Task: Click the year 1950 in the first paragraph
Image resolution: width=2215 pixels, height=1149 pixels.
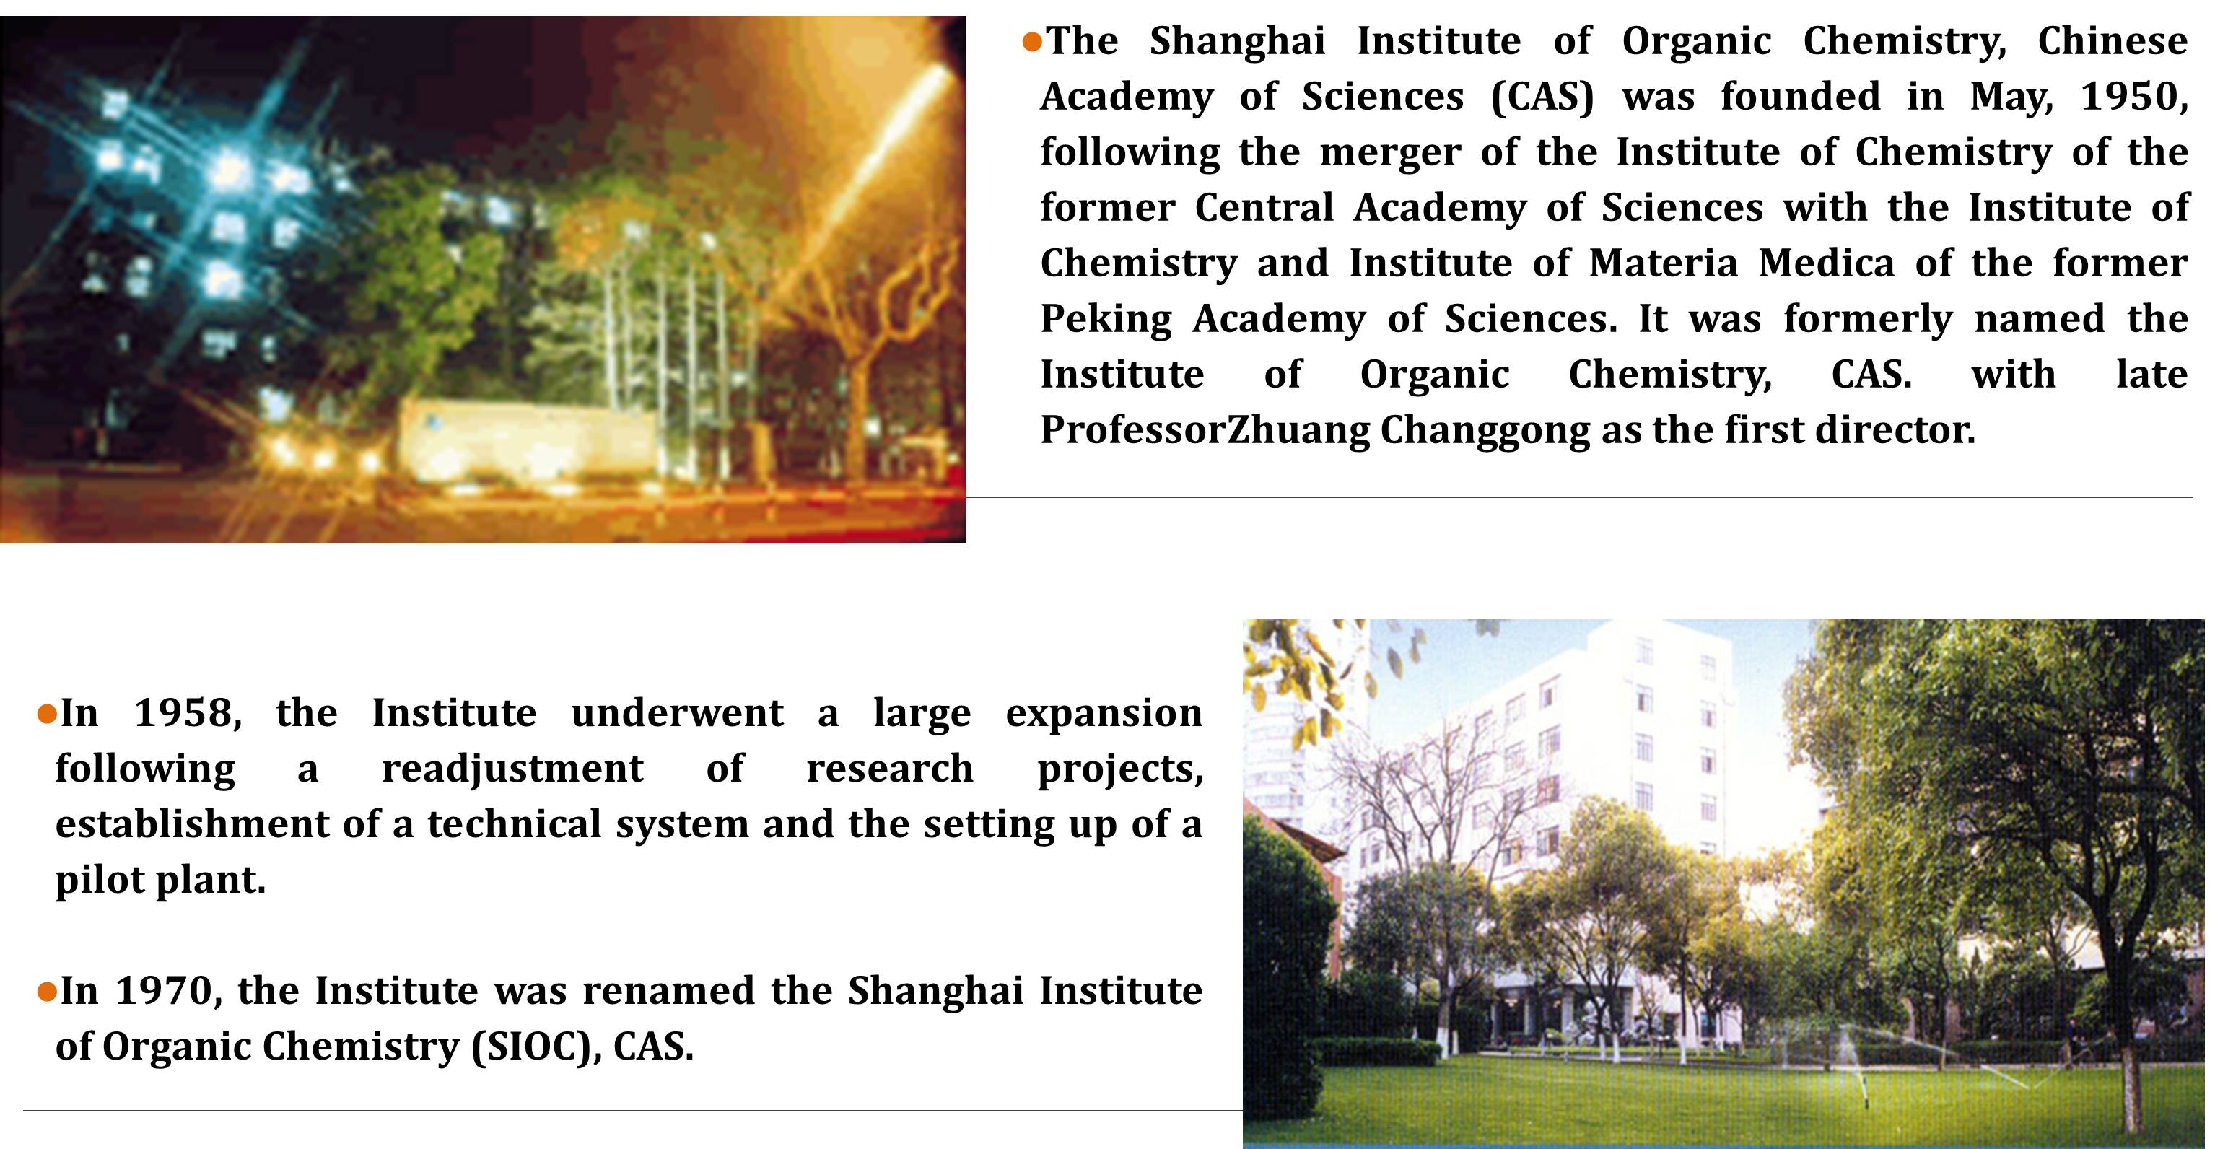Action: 2133,96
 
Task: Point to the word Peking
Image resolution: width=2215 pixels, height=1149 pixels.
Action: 1106,320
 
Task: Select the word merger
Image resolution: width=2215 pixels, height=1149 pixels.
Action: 1389,153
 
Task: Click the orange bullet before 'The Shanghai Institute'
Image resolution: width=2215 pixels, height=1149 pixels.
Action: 1032,41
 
